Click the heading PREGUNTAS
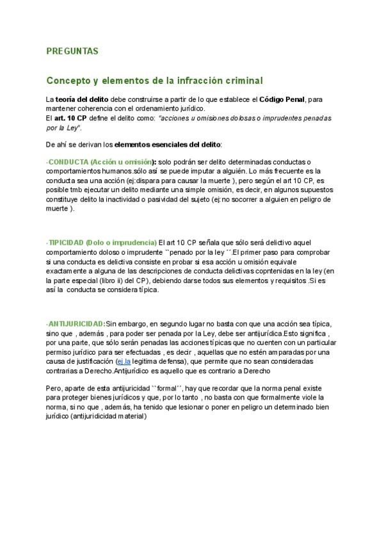pos(72,50)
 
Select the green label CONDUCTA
pos(68,163)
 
